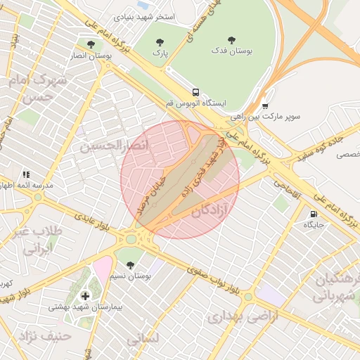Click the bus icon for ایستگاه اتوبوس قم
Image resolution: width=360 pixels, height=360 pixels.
(195, 92)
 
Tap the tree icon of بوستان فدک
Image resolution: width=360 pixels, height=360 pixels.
(232, 40)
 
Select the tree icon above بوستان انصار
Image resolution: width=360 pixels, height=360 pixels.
(91, 44)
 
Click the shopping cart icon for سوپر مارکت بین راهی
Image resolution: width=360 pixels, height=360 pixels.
(264, 105)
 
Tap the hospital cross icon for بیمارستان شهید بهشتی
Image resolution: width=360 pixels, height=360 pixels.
(86, 297)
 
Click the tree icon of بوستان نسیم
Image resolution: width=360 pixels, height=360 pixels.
(130, 265)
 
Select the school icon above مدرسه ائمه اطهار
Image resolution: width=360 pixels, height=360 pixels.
(26, 174)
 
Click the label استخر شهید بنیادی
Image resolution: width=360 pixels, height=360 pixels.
(144, 15)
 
